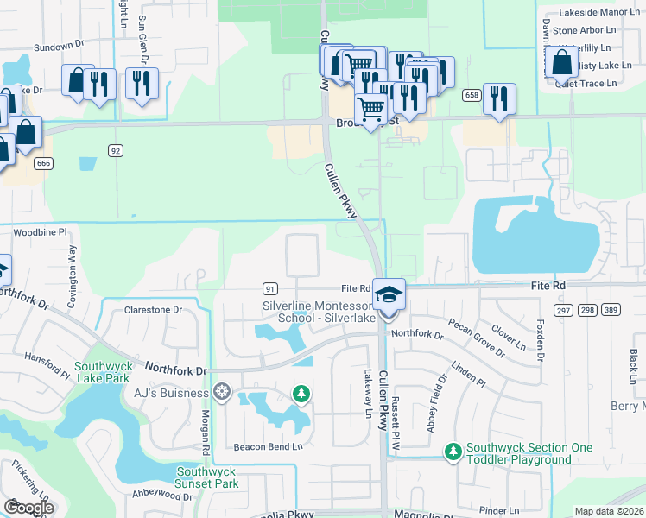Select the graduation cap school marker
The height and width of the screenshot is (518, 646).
pyautogui.click(x=389, y=294)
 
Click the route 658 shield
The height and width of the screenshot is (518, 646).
pyautogui.click(x=471, y=95)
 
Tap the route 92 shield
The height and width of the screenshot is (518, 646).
pyautogui.click(x=116, y=150)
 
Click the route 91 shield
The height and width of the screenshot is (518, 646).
pyautogui.click(x=270, y=288)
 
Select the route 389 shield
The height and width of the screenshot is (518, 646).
pyautogui.click(x=611, y=310)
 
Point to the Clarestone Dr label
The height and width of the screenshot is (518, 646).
pyautogui.click(x=154, y=309)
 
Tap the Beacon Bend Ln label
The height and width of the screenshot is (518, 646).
pyautogui.click(x=269, y=446)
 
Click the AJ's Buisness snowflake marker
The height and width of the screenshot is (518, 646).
pyautogui.click(x=222, y=394)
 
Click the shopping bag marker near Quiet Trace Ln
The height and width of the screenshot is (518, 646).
pyautogui.click(x=561, y=63)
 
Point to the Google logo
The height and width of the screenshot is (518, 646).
pyautogui.click(x=28, y=507)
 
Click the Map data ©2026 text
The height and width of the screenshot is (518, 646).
pyautogui.click(x=610, y=511)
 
